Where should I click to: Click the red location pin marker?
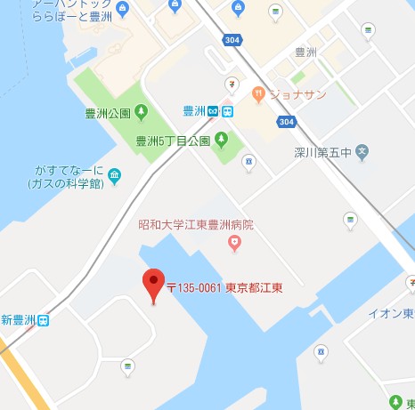[154, 284]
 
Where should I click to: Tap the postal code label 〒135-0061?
[194, 288]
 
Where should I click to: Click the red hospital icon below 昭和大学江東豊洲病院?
[234, 241]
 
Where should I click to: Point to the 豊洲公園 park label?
[107, 113]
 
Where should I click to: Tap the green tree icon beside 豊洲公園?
[142, 112]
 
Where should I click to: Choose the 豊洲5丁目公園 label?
[173, 141]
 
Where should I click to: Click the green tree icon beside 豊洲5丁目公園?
[222, 140]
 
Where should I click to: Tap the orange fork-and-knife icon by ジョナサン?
[257, 92]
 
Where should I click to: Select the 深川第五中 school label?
[323, 152]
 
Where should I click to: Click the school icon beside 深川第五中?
[362, 152]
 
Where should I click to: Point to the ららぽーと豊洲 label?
[53, 15]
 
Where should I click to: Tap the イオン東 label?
[392, 313]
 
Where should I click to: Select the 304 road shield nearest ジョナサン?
[286, 121]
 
